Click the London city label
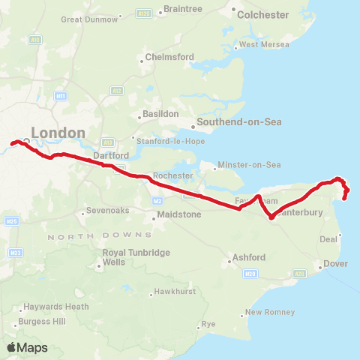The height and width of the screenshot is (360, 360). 58,133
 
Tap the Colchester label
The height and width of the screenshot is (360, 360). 262,14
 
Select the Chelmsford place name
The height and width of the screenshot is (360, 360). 169,57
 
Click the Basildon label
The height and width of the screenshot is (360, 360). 161,114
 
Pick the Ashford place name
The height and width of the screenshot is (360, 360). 249,257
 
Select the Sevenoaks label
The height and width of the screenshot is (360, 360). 109,211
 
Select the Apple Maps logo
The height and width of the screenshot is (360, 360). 27,348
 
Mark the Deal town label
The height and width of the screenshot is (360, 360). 328,239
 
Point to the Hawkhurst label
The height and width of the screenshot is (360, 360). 174,291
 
